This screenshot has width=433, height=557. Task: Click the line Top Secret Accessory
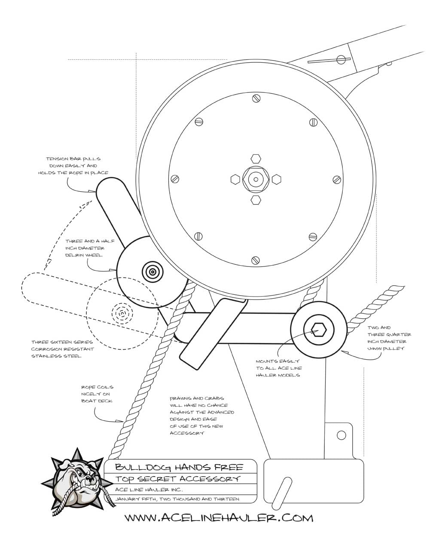(178, 479)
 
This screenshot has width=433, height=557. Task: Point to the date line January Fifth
(177, 499)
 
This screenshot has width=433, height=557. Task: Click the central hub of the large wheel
(256, 179)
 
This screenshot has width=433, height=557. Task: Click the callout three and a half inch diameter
(85, 248)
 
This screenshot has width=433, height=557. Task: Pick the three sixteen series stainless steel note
(63, 349)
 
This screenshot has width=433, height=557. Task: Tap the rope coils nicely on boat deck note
(97, 394)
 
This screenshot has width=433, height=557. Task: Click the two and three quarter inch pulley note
(389, 338)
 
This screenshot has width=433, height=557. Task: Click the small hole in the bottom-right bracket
(341, 435)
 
